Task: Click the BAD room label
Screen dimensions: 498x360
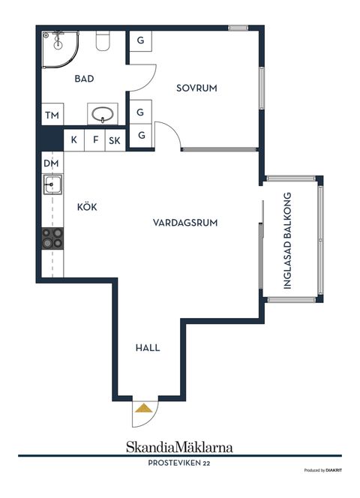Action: pyautogui.click(x=83, y=78)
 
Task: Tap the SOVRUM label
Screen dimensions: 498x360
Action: pyautogui.click(x=196, y=88)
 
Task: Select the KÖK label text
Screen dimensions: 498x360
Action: pyautogui.click(x=87, y=206)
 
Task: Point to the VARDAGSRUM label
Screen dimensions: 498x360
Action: pyautogui.click(x=184, y=223)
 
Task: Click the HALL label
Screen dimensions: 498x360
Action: pyautogui.click(x=148, y=348)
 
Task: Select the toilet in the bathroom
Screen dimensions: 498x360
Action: pyautogui.click(x=103, y=42)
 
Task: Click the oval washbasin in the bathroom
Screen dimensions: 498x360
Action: pyautogui.click(x=102, y=115)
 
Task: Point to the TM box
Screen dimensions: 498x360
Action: pyautogui.click(x=52, y=115)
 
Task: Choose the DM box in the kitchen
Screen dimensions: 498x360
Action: pyautogui.click(x=50, y=163)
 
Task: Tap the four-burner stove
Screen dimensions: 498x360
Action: pyautogui.click(x=52, y=238)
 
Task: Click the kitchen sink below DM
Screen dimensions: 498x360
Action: pyautogui.click(x=52, y=184)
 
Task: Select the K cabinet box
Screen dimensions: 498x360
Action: pyautogui.click(x=74, y=139)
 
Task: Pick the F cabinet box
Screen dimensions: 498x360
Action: pyautogui.click(x=94, y=139)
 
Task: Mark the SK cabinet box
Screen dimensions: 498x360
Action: pyautogui.click(x=115, y=139)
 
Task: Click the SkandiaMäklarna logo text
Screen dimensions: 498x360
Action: pyautogui.click(x=178, y=447)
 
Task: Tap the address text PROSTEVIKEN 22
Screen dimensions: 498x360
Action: pyautogui.click(x=178, y=463)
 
